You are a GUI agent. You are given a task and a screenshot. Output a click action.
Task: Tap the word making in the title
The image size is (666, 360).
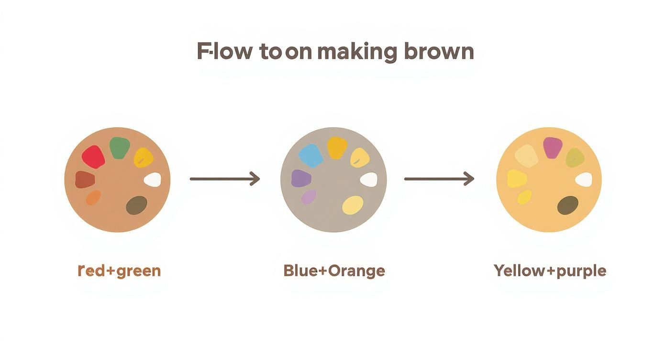pos(356,51)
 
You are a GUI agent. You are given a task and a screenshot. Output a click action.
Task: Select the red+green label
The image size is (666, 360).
pos(119,271)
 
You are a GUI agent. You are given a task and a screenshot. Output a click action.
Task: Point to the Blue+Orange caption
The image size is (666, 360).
pos(334,271)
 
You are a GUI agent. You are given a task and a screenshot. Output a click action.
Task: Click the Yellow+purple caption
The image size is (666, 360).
pos(550,271)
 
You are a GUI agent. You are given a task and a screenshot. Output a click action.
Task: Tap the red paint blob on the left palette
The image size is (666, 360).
pos(93,157)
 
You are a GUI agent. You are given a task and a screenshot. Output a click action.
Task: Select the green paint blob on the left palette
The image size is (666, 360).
pos(120,148)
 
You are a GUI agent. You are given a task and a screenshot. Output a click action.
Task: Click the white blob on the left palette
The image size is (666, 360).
pos(153,180)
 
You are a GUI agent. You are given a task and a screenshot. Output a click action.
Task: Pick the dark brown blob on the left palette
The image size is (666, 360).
pos(136,205)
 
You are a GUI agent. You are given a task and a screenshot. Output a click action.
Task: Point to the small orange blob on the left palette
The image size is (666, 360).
pos(93,197)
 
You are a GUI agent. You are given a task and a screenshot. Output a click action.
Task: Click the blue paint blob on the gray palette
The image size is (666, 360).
pos(311,156)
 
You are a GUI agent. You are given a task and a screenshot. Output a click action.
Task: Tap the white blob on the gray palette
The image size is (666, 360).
pos(368,180)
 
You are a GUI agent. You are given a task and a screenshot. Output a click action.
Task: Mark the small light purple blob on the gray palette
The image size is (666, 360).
pos(309,196)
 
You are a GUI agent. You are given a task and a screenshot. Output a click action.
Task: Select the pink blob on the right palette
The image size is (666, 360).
pos(553,147)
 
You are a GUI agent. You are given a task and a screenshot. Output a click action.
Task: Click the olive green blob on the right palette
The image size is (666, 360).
pos(575,157)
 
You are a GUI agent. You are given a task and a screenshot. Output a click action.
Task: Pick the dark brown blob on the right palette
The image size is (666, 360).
pos(568,205)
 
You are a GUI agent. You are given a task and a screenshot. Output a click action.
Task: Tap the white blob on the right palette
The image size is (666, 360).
pos(584,180)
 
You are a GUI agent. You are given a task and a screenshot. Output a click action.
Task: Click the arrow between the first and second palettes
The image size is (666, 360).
pos(224,179)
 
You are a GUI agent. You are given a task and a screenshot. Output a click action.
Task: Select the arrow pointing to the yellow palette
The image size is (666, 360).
pos(439,179)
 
